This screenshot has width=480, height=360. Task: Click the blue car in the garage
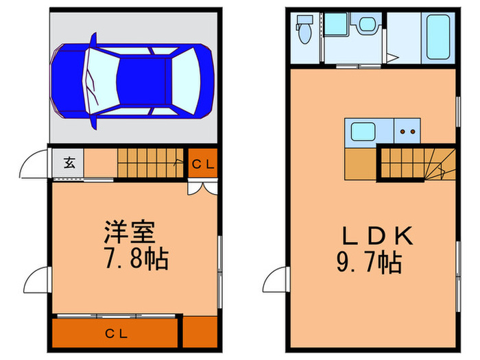click(x=132, y=81)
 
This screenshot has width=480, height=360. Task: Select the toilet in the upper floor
click(x=304, y=29)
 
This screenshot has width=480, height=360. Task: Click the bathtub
click(x=438, y=37)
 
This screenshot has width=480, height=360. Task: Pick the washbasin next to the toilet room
click(x=367, y=24)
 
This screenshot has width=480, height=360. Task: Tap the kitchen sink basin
click(x=363, y=132)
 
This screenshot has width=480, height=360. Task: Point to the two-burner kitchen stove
click(x=407, y=131)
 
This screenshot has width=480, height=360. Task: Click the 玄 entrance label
click(x=69, y=163)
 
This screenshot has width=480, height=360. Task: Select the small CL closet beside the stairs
click(x=203, y=163)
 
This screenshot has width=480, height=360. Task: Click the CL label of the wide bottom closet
click(x=117, y=334)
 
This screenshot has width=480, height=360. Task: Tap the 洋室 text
click(x=130, y=232)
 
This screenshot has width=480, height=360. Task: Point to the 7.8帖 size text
click(x=136, y=259)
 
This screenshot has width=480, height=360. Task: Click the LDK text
click(x=377, y=236)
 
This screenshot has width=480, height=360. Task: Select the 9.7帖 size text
click(x=369, y=263)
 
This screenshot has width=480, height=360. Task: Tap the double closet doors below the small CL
click(x=202, y=188)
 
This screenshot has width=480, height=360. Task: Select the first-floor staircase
click(x=151, y=163)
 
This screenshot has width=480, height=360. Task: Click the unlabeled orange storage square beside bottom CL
click(x=200, y=332)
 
